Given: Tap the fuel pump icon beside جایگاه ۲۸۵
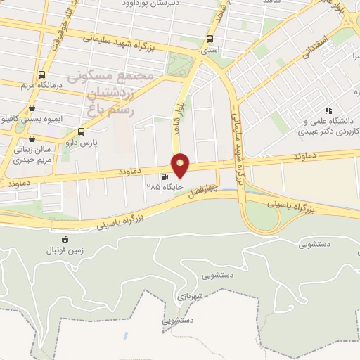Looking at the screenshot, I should coord(165,177).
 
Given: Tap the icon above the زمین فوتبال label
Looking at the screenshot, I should coord(65,240).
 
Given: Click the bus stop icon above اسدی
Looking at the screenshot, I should coord(210,39).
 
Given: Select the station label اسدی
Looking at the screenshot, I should coord(210,51).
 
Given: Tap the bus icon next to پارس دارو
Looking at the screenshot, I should coord(81,131).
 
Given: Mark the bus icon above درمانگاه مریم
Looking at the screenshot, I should coord(42,75).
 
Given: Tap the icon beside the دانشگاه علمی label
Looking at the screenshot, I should coord(328,110).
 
